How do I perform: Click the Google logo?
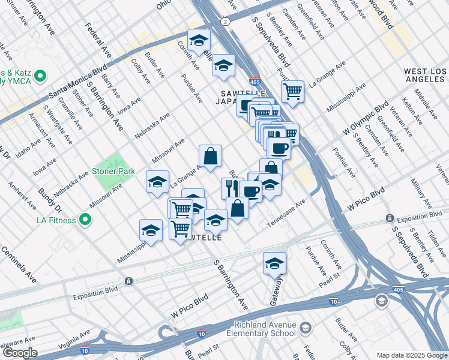tap(19, 353)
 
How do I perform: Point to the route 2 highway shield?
tap(225, 22)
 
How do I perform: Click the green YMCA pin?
tap(40, 76)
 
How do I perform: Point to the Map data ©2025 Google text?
tap(411, 355)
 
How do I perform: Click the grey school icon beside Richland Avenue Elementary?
tap(306, 328)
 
